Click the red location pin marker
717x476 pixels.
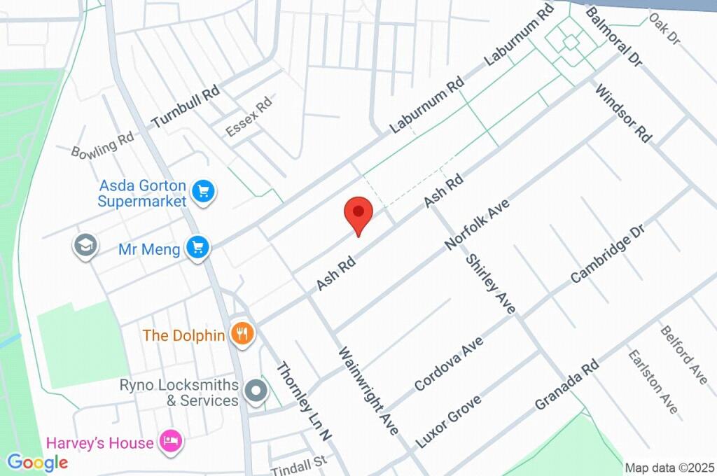coord(358,213)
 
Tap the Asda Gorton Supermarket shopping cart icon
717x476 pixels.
coord(204,190)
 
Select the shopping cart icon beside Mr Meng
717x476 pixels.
coord(197,248)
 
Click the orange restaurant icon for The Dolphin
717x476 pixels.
coord(242,335)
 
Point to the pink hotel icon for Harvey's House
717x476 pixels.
coord(169,442)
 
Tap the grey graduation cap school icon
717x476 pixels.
coord(85,246)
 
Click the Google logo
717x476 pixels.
coord(37,462)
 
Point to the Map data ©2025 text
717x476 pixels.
coord(669,468)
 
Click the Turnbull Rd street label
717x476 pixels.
coord(186,107)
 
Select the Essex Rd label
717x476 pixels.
coord(249,117)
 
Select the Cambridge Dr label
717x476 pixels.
coord(606,253)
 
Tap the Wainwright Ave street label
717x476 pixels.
coord(368,390)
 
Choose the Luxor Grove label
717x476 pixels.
coord(448,421)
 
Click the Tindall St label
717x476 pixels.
coord(299,463)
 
